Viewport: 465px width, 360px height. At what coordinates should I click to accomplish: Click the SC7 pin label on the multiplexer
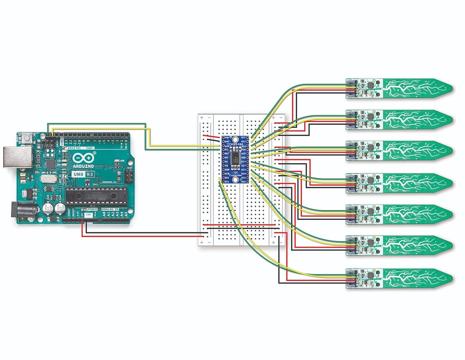click(x=243, y=138)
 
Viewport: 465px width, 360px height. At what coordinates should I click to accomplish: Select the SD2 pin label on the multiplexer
click(x=243, y=181)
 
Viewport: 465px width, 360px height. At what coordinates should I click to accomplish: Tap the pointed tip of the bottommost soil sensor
click(x=451, y=277)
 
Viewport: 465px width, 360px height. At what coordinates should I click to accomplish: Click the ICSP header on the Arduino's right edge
click(x=129, y=176)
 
